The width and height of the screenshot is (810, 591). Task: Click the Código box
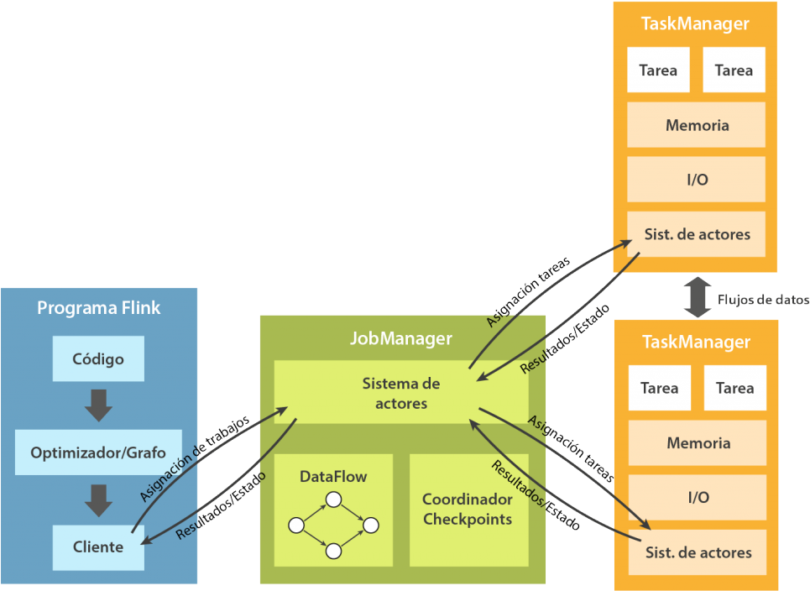[x=98, y=359]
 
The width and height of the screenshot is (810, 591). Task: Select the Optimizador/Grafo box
[x=98, y=452]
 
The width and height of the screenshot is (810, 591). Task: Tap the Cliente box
[x=98, y=547]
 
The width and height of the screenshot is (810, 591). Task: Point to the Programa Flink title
[x=98, y=308]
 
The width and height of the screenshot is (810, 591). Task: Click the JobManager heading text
[x=401, y=338]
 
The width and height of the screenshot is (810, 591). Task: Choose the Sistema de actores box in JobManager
[x=401, y=393]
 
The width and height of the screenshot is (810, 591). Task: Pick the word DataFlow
[x=333, y=477]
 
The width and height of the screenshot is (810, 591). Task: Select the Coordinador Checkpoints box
[x=468, y=510]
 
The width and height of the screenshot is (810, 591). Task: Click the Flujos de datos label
[x=764, y=300]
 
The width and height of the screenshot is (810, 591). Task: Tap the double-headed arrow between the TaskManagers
[x=697, y=297]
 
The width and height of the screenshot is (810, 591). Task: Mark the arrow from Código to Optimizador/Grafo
[x=98, y=405]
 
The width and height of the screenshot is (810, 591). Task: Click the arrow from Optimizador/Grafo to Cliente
[x=98, y=499]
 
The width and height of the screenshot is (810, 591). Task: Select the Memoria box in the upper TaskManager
[x=697, y=125]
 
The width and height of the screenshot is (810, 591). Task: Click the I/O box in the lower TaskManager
[x=698, y=497]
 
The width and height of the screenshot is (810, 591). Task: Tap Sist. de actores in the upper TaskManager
[x=697, y=234]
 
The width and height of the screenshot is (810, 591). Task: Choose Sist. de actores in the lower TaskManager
[x=698, y=552]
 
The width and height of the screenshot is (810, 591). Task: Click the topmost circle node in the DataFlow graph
[x=333, y=500]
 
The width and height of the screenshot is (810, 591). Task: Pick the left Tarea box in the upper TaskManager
[x=658, y=71]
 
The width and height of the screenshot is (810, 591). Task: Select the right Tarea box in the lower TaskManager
[x=734, y=388]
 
